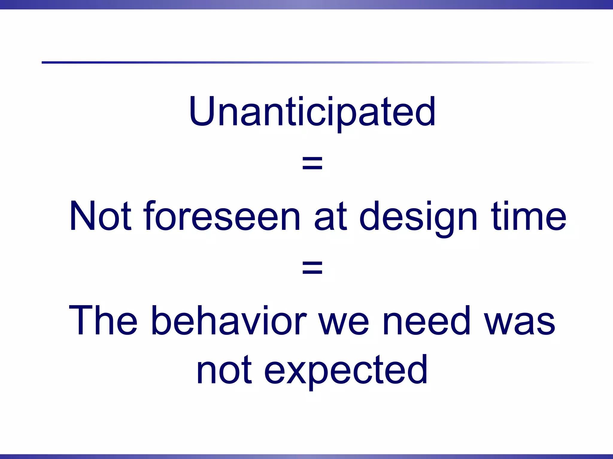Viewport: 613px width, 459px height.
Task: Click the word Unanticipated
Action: coord(312,112)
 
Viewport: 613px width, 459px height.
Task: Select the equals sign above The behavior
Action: coord(312,268)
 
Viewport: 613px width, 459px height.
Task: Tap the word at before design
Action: coord(330,217)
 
